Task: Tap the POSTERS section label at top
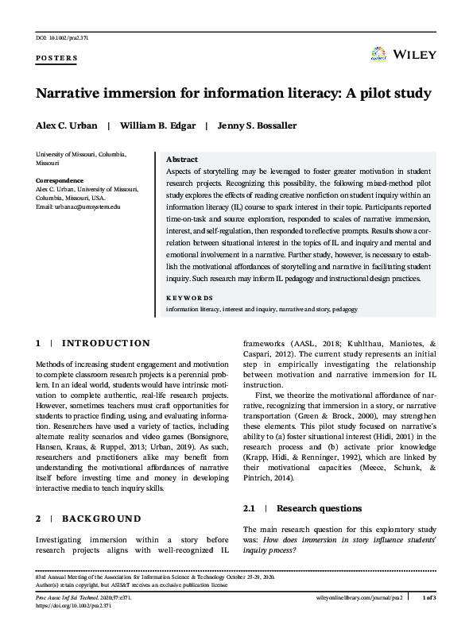(57, 59)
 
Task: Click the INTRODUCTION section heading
(106, 343)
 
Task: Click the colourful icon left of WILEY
(378, 55)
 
